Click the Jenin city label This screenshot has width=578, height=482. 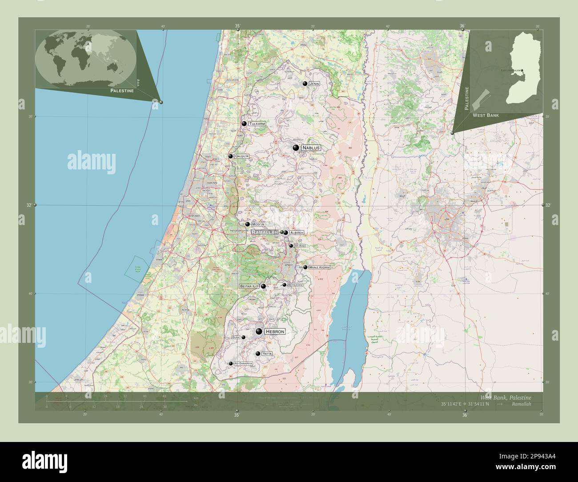point(315,84)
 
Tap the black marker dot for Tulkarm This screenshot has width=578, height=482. point(244,124)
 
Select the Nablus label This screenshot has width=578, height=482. point(311,148)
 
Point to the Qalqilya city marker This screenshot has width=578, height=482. point(230,156)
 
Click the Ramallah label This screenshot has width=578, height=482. point(265,232)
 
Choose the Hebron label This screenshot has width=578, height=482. point(274,332)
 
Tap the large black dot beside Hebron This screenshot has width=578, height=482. point(259,331)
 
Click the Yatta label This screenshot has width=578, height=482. point(267,353)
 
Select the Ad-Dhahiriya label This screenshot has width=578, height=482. point(243,363)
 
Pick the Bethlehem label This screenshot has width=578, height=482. point(295,285)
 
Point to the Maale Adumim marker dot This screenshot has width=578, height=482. point(305,267)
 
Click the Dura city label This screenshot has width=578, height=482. point(236,337)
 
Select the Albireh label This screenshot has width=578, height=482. point(297,233)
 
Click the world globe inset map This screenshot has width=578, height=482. point(85,58)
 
